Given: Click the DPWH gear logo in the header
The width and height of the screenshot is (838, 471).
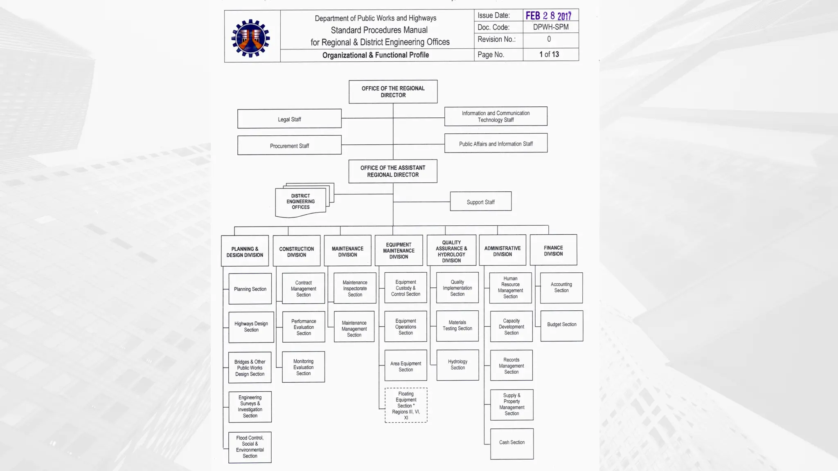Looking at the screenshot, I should point(250,38).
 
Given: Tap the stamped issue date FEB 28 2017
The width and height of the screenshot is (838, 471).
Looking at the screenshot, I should point(548,16).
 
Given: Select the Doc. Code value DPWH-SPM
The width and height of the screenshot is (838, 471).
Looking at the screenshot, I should point(550,27).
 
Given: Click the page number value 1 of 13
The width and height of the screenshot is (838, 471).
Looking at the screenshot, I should point(549,54).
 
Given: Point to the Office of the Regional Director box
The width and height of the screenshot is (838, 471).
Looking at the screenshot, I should point(393,92).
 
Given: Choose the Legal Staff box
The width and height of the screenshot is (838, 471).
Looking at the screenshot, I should point(289,119).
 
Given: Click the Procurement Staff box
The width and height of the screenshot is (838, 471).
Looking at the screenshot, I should point(289,146).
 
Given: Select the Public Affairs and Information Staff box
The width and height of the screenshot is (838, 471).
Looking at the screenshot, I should point(496,144).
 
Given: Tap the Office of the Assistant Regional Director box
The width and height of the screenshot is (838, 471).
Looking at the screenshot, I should point(393,171).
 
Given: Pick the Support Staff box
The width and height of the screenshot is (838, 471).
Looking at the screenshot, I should point(480,202).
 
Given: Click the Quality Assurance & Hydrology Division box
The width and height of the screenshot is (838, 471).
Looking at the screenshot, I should point(451,251).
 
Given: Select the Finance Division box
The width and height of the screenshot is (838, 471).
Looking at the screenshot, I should point(553,250).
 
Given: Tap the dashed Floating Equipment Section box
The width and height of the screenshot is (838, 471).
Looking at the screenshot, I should point(406,405).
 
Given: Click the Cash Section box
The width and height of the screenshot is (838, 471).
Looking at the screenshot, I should point(511,443).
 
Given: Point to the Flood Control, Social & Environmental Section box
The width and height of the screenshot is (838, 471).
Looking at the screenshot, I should point(250,447).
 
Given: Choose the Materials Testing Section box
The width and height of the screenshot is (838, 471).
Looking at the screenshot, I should point(457,326).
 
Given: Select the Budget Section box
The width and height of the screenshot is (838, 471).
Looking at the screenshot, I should point(561,325).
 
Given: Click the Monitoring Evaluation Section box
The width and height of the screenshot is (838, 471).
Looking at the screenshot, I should point(303,367).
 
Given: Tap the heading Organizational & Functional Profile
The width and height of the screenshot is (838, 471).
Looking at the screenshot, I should point(375,55).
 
